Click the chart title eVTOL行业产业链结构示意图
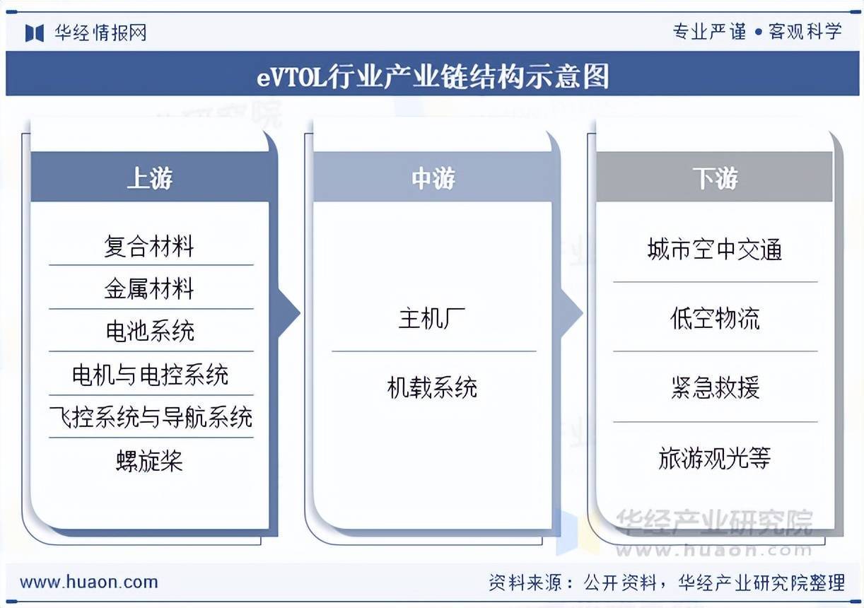[432, 76]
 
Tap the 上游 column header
[149, 178]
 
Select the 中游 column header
[433, 178]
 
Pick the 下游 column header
[715, 178]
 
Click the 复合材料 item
[149, 247]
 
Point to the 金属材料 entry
[149, 288]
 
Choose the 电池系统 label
[149, 331]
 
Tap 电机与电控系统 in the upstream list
[150, 375]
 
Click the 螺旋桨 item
[149, 461]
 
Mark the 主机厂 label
[432, 319]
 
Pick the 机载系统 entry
[432, 387]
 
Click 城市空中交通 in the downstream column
[715, 250]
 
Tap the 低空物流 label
[715, 319]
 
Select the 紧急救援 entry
[715, 387]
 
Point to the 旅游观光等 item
[715, 458]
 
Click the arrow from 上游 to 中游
[288, 313]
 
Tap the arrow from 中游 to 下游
[571, 313]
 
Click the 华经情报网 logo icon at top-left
[35, 33]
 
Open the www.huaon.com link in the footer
[88, 582]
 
